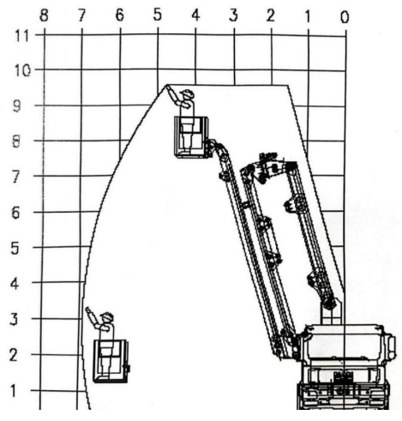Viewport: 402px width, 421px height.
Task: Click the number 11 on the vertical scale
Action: (22, 36)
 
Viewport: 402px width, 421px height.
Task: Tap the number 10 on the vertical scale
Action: (22, 70)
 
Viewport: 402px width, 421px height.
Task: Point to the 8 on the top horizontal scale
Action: (44, 15)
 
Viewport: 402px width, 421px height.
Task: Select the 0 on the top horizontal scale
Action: (345, 17)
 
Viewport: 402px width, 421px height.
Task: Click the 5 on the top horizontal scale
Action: (158, 15)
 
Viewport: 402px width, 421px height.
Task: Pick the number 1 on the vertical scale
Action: (13, 391)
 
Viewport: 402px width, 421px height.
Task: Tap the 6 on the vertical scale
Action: (15, 213)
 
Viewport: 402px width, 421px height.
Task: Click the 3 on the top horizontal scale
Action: (233, 15)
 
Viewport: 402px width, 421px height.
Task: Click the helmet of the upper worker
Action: (187, 93)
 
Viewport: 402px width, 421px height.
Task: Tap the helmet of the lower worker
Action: (107, 316)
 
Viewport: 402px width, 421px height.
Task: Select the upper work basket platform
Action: (192, 136)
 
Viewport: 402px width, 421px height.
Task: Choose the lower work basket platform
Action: (111, 361)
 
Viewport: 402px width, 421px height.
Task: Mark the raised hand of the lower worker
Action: (88, 310)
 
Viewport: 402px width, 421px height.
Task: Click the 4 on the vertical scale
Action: (15, 284)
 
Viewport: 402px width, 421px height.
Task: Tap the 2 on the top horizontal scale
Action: (270, 15)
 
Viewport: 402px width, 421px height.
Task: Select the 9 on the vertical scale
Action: (17, 106)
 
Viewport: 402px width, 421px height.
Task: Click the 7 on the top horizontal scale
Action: (81, 15)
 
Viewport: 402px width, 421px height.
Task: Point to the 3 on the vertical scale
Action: (14, 319)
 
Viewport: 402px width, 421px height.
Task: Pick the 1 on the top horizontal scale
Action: (308, 17)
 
